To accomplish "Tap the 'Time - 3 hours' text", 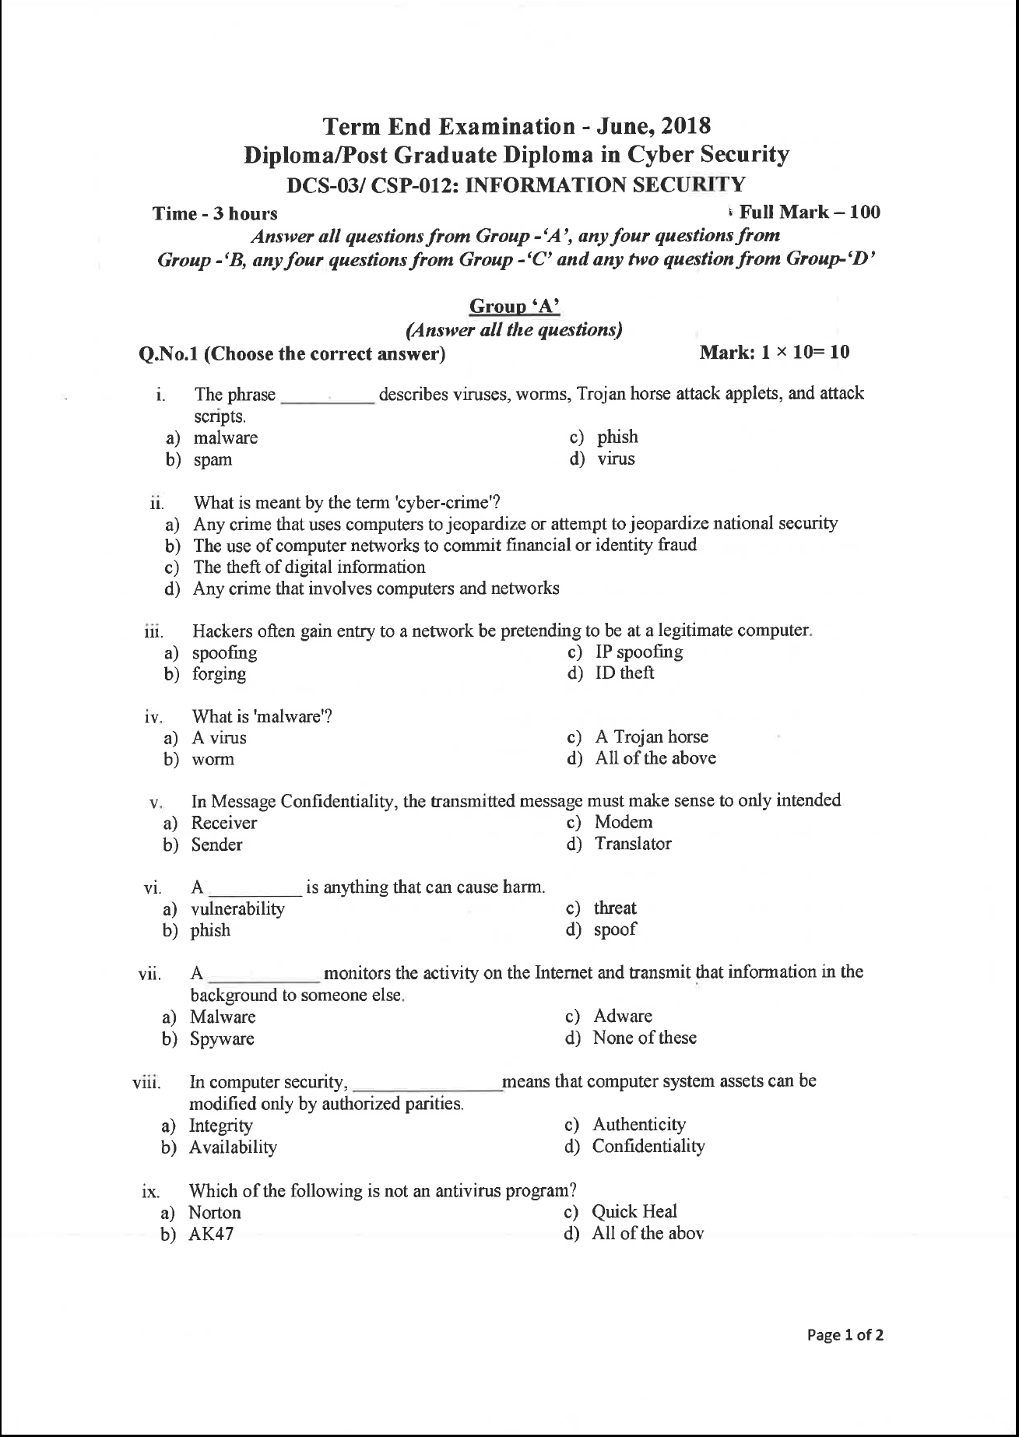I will tap(215, 213).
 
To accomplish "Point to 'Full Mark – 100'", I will tap(810, 212).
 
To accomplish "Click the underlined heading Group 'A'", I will tap(515, 307).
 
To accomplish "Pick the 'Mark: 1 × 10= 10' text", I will tap(775, 353).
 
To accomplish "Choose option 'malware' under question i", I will tap(225, 437).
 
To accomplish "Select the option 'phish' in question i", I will tap(617, 437).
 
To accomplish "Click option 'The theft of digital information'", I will tap(309, 567).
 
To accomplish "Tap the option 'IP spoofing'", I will tap(638, 652).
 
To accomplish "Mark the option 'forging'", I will tap(219, 674).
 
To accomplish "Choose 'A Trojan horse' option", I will tap(652, 736).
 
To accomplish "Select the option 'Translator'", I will tap(632, 844).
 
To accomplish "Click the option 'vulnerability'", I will tap(237, 908).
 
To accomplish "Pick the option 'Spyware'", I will tap(222, 1038).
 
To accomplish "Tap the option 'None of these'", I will tap(644, 1038).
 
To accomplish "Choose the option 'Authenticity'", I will tap(638, 1124).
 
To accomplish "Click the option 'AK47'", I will tap(211, 1234).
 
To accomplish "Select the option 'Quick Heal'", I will tap(634, 1211).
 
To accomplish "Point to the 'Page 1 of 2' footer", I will tap(845, 1336).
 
